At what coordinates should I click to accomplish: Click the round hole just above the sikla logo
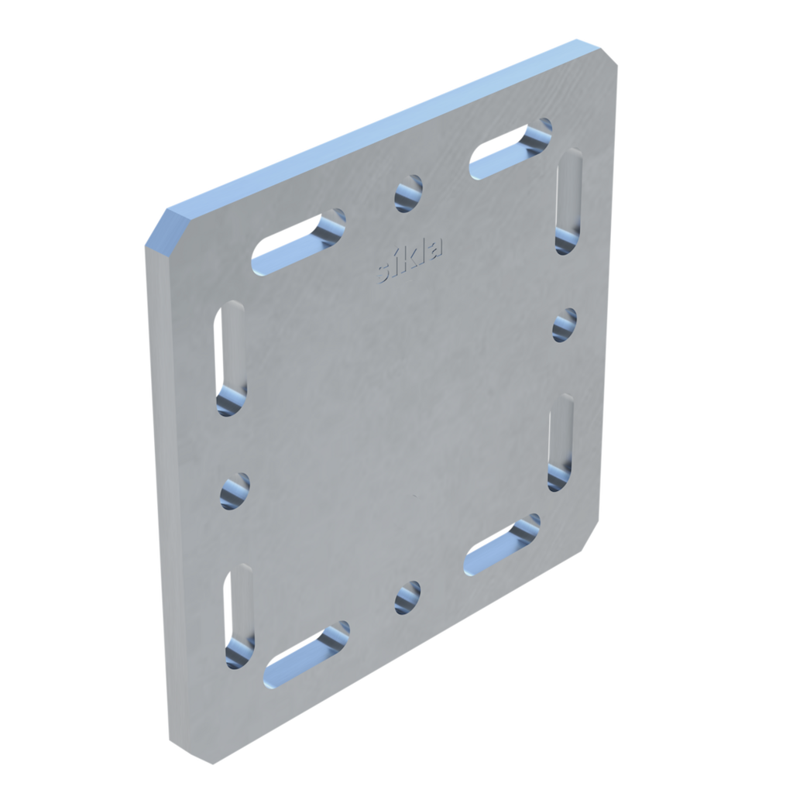click(x=410, y=193)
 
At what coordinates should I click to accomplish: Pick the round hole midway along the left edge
click(x=235, y=491)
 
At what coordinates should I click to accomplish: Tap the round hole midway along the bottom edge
click(x=408, y=597)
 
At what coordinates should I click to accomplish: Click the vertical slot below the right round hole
click(x=561, y=441)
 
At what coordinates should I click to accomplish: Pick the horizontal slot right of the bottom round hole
click(x=503, y=545)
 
